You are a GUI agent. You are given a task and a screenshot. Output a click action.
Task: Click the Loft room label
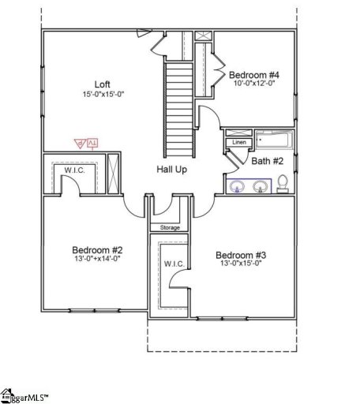103,84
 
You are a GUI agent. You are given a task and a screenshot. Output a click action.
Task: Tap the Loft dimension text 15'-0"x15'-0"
103,94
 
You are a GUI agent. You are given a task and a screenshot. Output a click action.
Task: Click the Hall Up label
171,170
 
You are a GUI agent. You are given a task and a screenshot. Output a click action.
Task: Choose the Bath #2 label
267,161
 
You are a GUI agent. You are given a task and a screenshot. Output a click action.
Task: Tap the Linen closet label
240,142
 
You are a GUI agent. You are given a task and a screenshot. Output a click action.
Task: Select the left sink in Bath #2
239,186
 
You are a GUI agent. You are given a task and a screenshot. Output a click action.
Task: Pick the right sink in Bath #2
260,186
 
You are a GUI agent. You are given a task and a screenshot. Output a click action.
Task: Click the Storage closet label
170,227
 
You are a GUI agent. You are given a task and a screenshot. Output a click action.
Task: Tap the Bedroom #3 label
241,255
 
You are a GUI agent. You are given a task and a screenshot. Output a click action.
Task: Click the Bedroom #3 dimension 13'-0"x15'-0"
241,265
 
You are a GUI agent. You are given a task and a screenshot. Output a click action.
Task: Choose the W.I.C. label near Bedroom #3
173,263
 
